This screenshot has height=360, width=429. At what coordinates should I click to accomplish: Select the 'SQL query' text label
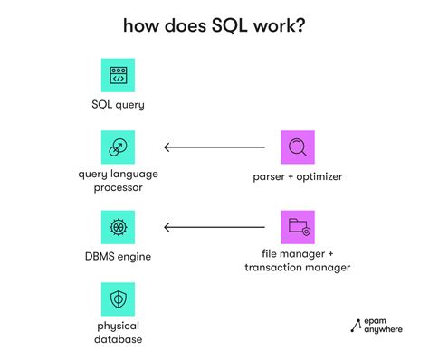pos(118,105)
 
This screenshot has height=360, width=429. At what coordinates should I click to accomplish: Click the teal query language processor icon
pos(118,147)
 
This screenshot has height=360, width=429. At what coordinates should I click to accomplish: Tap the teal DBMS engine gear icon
pos(118,226)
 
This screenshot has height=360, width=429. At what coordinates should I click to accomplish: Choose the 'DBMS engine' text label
pos(118,257)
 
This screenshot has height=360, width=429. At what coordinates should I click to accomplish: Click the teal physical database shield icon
pos(118,298)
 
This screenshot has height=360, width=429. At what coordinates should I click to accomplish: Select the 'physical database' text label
pos(118,333)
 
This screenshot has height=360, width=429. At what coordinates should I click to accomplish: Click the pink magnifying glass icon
pos(298,147)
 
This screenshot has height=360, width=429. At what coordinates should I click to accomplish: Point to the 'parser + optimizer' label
pos(298,177)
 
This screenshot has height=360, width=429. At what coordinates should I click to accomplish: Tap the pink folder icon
pos(298,226)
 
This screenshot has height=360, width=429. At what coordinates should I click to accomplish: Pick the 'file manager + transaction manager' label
pos(298,261)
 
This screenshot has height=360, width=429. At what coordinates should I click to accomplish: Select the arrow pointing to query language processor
pos(214,147)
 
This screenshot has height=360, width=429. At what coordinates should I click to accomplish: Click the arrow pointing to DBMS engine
pos(214,226)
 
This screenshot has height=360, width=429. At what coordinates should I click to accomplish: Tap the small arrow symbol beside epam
pos(355,327)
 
